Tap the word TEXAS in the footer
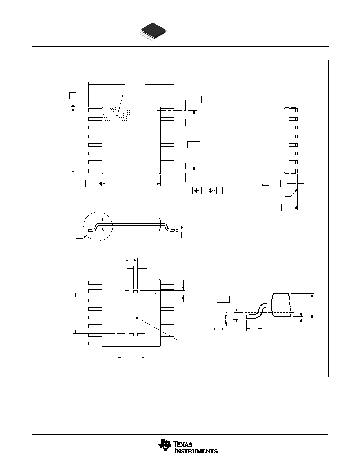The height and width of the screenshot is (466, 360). tap(183, 444)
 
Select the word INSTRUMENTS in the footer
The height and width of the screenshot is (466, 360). tap(195, 451)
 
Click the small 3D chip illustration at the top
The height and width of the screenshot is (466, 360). tap(153, 31)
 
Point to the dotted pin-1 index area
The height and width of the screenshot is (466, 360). tap(117, 116)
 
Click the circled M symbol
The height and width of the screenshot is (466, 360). tap(212, 191)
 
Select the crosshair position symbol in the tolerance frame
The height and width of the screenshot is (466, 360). tap(196, 191)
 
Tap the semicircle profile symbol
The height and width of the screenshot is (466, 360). tap(266, 184)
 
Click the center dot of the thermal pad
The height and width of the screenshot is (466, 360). tap(137, 318)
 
